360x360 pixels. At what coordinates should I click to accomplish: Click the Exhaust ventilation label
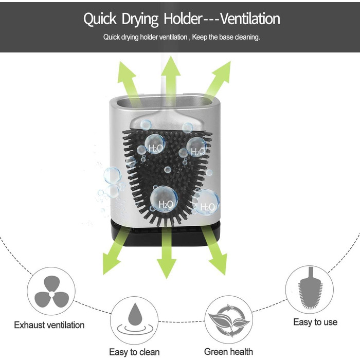(49, 325)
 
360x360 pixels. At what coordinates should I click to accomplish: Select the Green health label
(228, 352)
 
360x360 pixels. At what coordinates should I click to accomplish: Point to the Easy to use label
(315, 322)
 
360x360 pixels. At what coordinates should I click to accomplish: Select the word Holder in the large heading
(178, 19)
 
